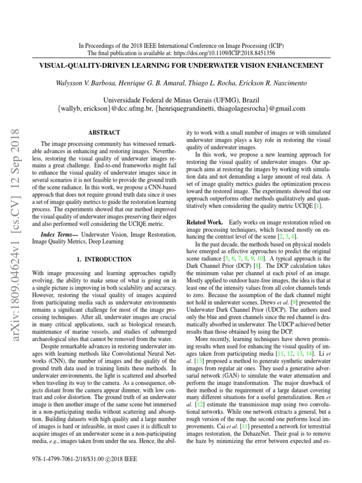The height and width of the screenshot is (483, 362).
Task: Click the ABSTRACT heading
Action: coord(104,133)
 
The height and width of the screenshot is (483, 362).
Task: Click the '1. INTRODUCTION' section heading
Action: coord(104,259)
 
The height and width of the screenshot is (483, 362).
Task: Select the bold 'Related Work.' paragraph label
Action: coord(205,222)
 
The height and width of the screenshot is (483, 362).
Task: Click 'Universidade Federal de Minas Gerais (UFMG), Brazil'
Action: coord(181,100)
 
